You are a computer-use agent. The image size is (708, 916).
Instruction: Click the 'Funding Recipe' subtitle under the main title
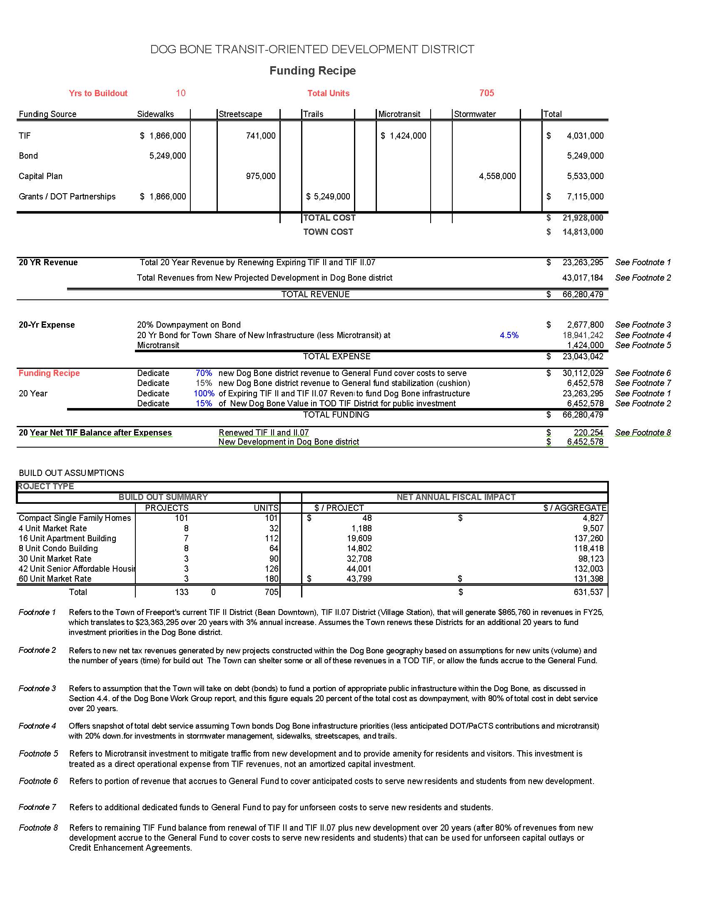coord(312,70)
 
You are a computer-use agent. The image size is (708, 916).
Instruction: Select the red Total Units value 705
coord(486,93)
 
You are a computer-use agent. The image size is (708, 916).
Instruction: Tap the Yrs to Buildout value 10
coord(181,93)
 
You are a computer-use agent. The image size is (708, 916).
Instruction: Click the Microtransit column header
coord(399,114)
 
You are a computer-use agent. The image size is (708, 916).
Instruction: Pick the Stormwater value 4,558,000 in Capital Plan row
coord(497,176)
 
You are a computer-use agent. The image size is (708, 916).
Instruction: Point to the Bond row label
coord(28,156)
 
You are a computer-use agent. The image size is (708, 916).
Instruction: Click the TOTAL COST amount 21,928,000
coord(583,218)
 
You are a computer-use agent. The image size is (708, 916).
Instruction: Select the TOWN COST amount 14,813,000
coord(583,232)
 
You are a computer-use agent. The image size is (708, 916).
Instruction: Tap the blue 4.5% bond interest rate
coord(509,335)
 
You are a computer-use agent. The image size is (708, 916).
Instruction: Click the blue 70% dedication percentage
coord(204,373)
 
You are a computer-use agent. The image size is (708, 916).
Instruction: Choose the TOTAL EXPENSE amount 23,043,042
coord(583,356)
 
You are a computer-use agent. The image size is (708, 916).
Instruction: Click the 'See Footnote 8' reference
coord(643,433)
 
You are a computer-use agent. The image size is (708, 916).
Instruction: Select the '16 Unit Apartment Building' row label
coord(67,538)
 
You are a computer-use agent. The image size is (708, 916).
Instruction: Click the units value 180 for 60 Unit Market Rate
coord(272,579)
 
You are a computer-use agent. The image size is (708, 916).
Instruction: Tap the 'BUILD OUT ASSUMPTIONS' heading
coord(71,473)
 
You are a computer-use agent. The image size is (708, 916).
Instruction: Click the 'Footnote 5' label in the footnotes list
coord(38,754)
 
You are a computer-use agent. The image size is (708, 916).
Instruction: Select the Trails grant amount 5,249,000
coord(328,197)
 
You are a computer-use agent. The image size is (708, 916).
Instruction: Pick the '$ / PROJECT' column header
coord(339,508)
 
